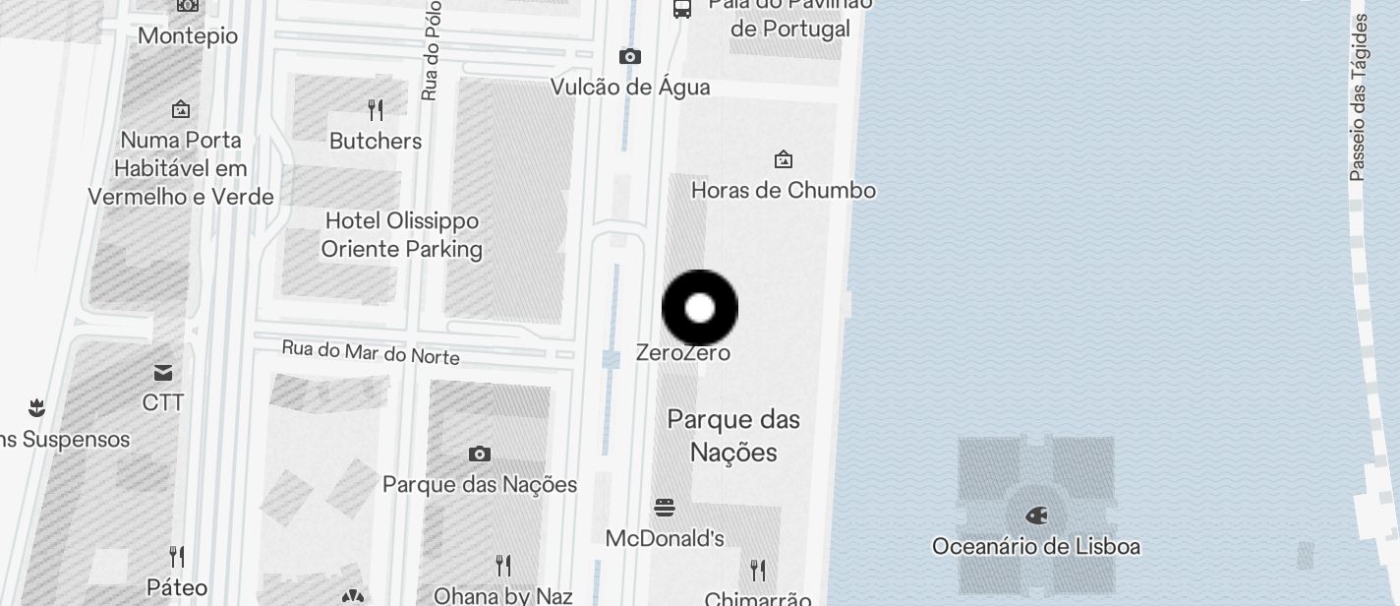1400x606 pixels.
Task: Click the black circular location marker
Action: (700, 308)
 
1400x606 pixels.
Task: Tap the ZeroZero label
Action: (683, 352)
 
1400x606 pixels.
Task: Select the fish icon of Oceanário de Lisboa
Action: (1036, 515)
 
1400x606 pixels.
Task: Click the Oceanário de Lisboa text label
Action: (1036, 546)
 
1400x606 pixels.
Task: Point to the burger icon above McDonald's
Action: (665, 508)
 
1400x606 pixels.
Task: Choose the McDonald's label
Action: (665, 538)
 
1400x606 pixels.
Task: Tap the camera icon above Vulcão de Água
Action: (630, 57)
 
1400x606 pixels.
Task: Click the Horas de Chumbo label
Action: (784, 190)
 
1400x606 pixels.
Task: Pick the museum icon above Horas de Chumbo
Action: (784, 158)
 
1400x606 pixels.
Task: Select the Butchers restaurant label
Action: (376, 141)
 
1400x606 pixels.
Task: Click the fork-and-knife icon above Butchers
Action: (376, 109)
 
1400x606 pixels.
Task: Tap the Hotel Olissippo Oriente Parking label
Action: (402, 234)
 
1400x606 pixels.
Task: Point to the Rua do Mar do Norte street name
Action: (371, 351)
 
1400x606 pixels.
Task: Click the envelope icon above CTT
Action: (163, 373)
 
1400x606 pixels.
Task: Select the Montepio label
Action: (188, 36)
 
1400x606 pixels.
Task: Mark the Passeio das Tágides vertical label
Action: (1359, 98)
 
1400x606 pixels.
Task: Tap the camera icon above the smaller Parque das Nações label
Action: (480, 454)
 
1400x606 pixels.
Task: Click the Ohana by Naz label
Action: (503, 595)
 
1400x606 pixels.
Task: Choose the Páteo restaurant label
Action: (177, 587)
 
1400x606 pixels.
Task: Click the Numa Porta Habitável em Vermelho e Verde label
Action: (181, 168)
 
